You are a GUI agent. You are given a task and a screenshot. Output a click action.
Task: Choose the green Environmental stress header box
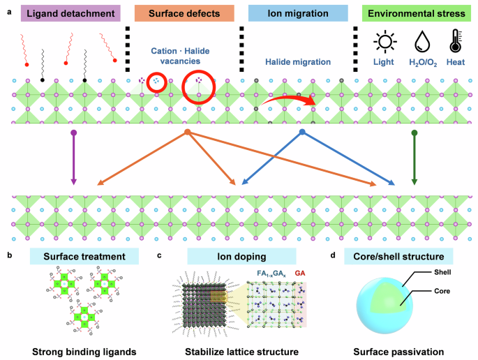click(413, 13)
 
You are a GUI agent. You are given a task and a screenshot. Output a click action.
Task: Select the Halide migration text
click(297, 62)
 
